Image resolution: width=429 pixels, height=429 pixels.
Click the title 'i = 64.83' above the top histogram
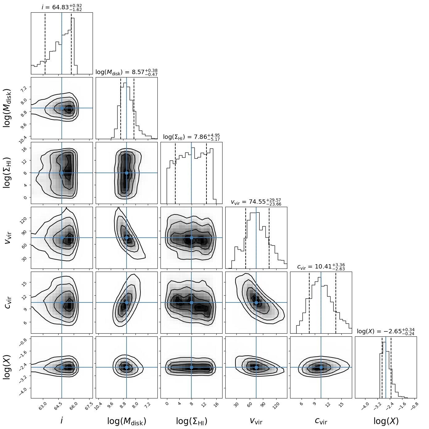click(x=62, y=7)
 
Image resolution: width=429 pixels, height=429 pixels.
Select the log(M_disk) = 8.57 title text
click(x=126, y=72)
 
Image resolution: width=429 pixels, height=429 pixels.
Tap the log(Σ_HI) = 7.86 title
click(x=191, y=137)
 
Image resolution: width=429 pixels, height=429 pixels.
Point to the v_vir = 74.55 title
click(x=256, y=202)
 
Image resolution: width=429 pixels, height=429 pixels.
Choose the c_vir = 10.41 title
click(x=321, y=267)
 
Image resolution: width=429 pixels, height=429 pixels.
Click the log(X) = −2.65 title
click(x=385, y=331)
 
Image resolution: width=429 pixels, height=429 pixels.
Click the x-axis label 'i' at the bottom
click(x=62, y=420)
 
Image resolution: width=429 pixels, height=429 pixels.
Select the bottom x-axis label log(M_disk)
click(x=127, y=421)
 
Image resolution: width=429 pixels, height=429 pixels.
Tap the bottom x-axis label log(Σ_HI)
click(x=191, y=421)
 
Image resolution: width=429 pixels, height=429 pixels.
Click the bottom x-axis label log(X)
click(x=386, y=421)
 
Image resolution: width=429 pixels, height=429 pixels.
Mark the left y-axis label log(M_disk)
click(x=7, y=108)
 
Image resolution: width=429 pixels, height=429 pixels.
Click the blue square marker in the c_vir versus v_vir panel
click(x=256, y=302)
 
